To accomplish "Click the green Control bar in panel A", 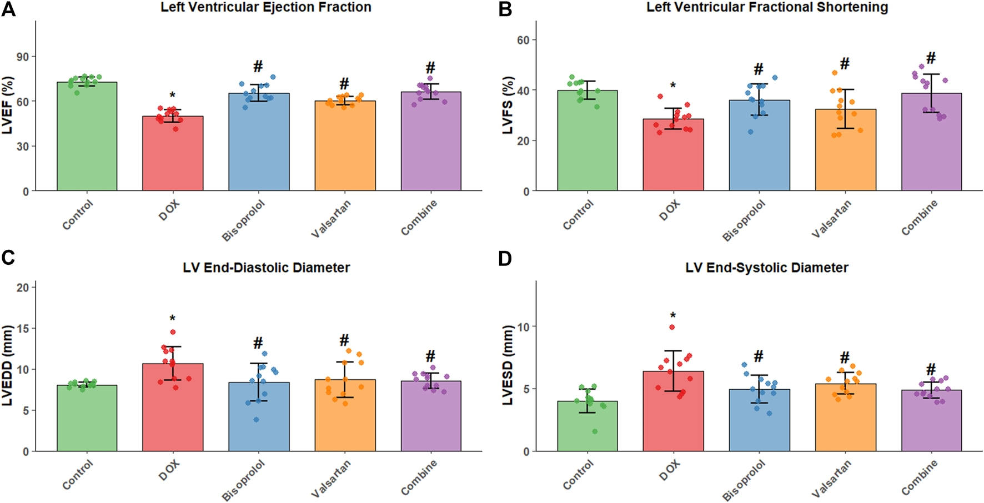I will [87, 139].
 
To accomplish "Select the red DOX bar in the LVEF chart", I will [173, 155].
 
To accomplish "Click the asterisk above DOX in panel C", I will [173, 319].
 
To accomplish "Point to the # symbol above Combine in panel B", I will [931, 58].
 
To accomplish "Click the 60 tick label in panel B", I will [523, 40].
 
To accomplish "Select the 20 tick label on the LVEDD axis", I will [22, 287].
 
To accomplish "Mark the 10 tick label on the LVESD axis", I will [523, 326].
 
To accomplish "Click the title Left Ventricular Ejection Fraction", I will [266, 7].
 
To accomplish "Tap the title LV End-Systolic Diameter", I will [766, 268].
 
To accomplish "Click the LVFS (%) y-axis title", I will [508, 106].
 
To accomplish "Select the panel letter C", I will [8, 258].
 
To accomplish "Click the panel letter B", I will [505, 9].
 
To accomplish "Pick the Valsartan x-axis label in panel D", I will [832, 480].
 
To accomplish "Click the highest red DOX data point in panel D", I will [672, 327].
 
